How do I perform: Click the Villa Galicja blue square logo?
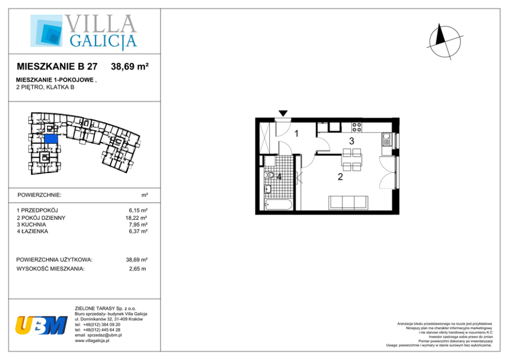click(x=46, y=30)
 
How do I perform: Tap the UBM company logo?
click(x=41, y=325)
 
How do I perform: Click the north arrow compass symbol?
click(x=445, y=42)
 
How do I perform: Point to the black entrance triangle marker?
click(x=283, y=113)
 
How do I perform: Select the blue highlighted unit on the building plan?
click(x=51, y=139)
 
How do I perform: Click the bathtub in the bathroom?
click(x=279, y=205)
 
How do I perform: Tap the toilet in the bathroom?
click(x=269, y=175)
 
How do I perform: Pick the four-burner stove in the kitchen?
click(x=357, y=127)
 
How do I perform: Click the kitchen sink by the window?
click(x=386, y=140)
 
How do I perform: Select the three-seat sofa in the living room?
click(x=348, y=202)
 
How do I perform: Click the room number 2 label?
click(x=340, y=177)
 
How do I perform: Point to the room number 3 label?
click(x=351, y=141)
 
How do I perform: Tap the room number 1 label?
click(x=297, y=133)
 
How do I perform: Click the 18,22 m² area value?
click(x=136, y=218)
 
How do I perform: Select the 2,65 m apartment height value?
click(x=138, y=269)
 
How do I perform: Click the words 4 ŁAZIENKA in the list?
click(x=32, y=231)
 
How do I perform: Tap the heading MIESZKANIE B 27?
click(x=57, y=67)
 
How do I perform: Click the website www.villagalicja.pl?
click(x=92, y=340)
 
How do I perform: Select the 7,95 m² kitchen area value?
click(x=138, y=224)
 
